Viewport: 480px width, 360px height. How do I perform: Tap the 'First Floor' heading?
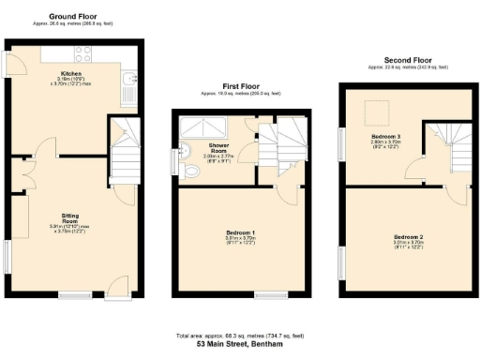click(x=240, y=85)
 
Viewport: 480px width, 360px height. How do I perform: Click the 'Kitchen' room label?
click(x=72, y=73)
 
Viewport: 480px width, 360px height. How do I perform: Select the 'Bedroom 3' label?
click(x=385, y=137)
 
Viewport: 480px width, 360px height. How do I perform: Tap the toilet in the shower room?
click(x=191, y=170)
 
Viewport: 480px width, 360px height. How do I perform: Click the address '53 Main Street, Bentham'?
click(x=239, y=344)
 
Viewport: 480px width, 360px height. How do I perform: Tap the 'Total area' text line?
click(x=239, y=335)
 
